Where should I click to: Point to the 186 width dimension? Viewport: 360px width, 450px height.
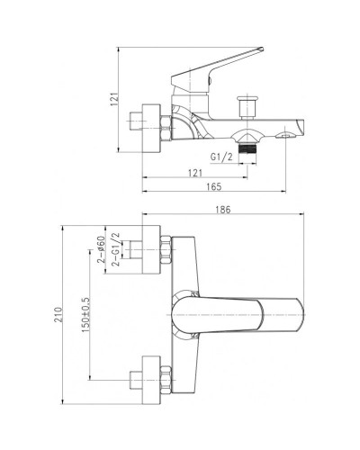click(x=222, y=210)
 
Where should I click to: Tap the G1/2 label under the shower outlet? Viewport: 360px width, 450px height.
click(x=222, y=157)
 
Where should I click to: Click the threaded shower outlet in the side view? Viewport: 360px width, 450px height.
click(x=247, y=143)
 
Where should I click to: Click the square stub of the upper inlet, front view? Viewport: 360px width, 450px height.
click(x=145, y=254)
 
